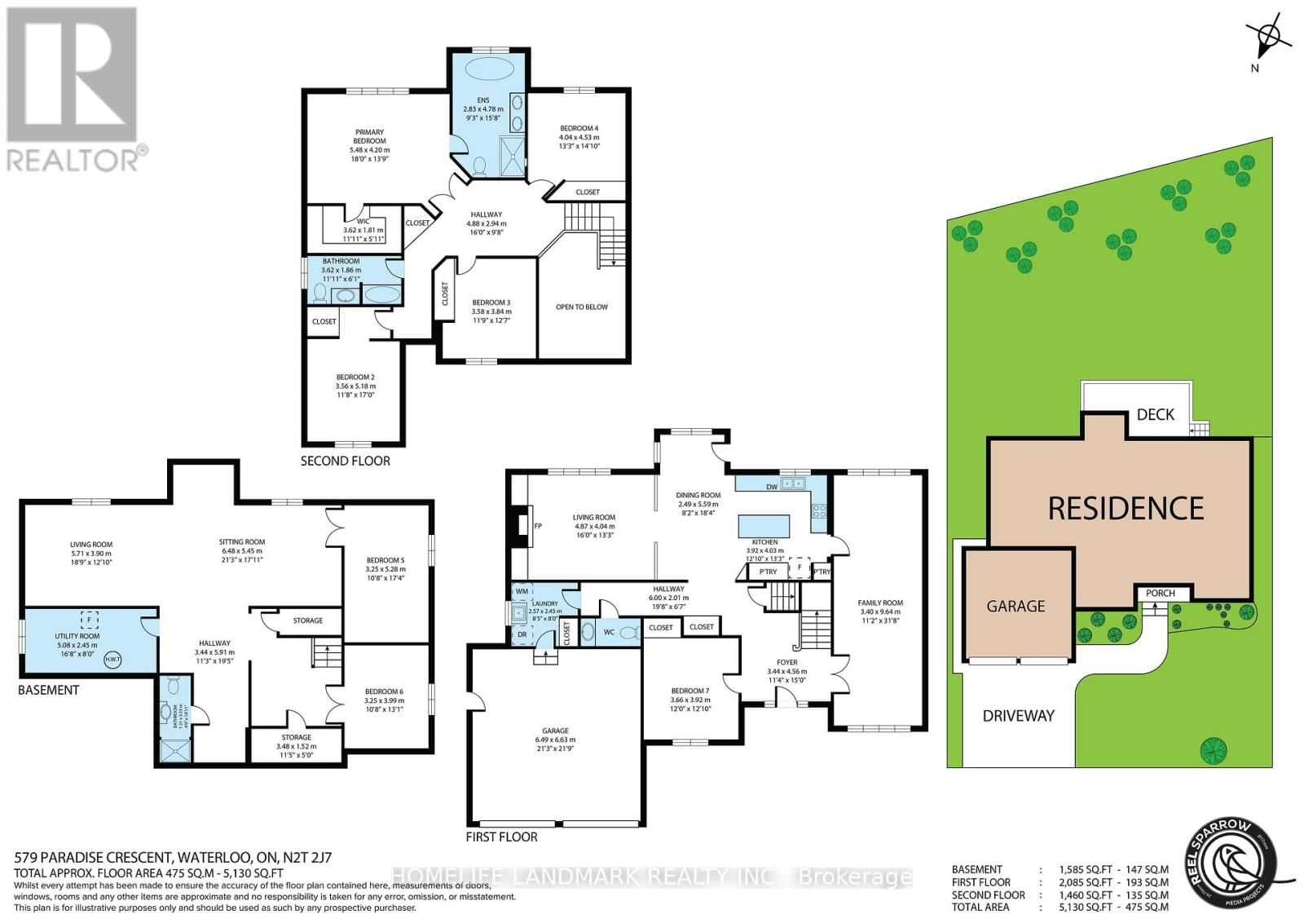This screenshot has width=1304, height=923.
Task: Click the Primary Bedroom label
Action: point(369,136)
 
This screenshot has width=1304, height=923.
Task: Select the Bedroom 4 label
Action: point(579,128)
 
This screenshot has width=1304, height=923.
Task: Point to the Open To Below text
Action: point(581,307)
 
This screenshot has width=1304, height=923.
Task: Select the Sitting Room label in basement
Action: point(241,541)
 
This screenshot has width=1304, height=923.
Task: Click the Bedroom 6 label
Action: point(383,691)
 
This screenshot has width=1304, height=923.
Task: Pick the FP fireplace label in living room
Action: point(537,526)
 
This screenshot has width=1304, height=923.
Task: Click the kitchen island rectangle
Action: point(764,525)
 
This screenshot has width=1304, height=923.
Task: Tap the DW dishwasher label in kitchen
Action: point(771,487)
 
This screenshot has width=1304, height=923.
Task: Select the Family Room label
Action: point(879,603)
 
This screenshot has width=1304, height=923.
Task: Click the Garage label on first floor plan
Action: point(555,731)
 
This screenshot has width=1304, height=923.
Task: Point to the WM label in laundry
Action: point(522,591)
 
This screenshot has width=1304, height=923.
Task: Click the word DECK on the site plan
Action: point(1155,414)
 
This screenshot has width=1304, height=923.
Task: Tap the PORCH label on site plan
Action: point(1160,593)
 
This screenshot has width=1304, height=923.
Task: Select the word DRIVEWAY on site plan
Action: point(1018,716)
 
